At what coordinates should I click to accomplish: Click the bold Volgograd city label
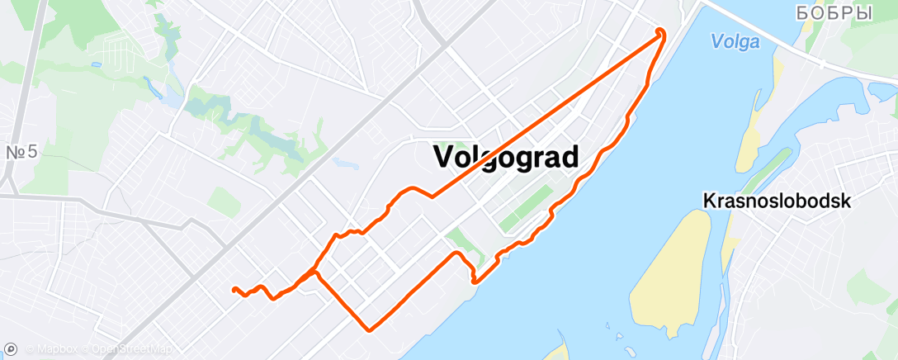(505, 155)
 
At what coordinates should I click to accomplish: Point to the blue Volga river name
(734, 42)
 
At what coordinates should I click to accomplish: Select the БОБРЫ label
(834, 13)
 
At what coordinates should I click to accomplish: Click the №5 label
(22, 153)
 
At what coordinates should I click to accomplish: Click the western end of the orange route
(234, 289)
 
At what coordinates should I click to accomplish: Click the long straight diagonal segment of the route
(545, 116)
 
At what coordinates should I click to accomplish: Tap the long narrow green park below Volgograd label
(525, 209)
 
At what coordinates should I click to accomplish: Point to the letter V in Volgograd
(442, 155)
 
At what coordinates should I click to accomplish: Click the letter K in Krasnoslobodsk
(709, 201)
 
